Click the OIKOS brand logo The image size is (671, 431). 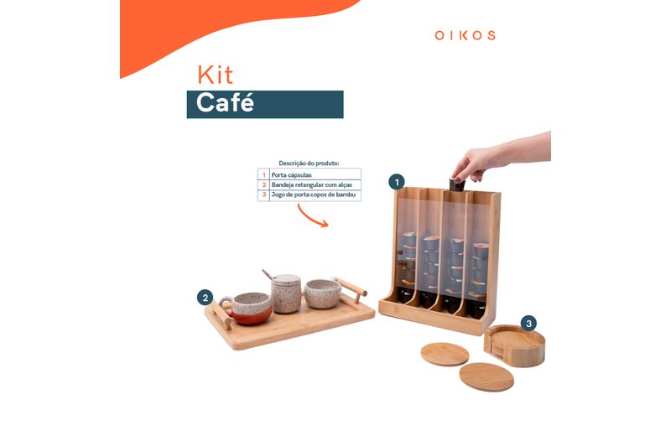coord(466,35)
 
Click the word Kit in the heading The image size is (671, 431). coord(216,75)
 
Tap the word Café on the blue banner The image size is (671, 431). coord(225,103)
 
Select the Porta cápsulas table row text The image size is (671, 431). coord(291,175)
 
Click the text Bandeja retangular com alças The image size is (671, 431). coord(311,185)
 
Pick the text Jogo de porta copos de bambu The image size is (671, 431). coord(313,195)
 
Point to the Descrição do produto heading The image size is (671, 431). coord(309,163)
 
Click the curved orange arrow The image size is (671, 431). coord(311,217)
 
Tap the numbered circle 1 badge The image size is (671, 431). coord(397,182)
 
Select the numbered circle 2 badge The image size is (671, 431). coord(205,298)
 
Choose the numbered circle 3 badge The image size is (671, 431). coord(528,324)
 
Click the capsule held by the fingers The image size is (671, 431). coord(457,185)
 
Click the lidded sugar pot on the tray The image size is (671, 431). coord(286,293)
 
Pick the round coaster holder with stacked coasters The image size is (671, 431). coord(514,345)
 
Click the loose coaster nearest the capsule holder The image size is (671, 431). coord(445,355)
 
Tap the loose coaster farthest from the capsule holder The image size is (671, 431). coord(486,377)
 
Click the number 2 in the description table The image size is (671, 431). coord(264,185)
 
